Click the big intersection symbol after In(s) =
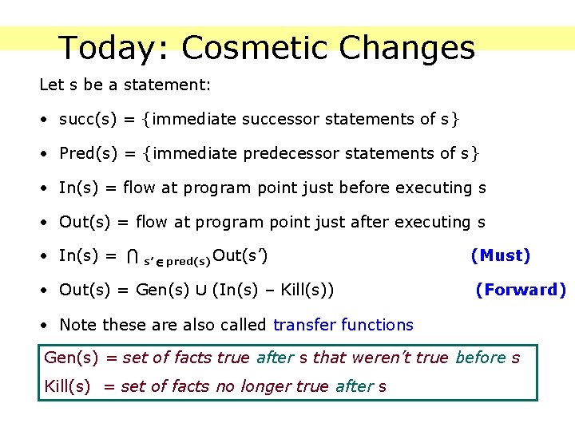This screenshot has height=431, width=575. point(133,257)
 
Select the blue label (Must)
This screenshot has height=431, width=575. point(501,255)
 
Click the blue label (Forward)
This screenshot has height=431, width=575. point(521,290)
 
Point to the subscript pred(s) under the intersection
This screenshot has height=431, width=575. point(188,261)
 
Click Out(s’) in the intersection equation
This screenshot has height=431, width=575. point(240,256)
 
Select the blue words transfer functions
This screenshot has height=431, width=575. point(343,325)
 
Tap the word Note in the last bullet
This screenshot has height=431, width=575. point(77,325)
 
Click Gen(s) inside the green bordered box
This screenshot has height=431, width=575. point(70,358)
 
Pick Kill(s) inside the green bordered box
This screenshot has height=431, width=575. point(68,387)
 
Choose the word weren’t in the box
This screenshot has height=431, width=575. point(363,358)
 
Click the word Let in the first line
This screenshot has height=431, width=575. point(50,84)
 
